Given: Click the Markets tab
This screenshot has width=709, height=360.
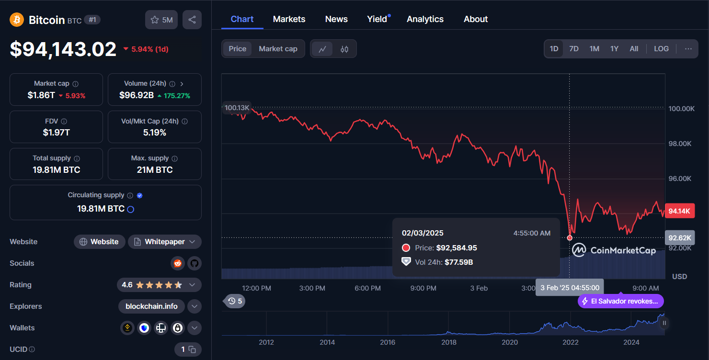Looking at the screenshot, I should click(289, 19).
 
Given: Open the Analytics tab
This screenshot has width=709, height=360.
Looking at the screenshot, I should click(425, 19).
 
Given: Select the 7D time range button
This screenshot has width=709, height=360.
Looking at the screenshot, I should click(573, 49).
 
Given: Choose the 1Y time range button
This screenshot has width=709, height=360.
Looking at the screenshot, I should click(614, 49).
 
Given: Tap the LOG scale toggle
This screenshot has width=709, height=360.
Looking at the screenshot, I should click(661, 49).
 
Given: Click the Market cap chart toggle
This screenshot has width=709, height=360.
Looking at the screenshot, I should click(278, 49).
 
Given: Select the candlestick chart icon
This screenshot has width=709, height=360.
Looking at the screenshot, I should click(344, 49).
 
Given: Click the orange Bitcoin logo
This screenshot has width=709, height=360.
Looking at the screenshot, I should click(17, 20).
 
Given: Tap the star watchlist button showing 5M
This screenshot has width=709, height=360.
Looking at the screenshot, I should click(161, 20).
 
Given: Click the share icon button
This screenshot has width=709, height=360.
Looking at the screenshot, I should click(192, 20).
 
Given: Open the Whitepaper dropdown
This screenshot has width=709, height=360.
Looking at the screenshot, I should click(164, 242).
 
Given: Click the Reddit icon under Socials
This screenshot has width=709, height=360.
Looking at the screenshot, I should click(178, 263).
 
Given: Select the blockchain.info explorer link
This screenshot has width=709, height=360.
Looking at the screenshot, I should click(151, 306).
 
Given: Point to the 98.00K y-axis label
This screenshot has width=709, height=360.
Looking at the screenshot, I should click(681, 144).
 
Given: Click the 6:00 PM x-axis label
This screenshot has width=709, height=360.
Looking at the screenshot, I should click(368, 288).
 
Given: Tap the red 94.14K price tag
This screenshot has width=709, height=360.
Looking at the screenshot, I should click(679, 211).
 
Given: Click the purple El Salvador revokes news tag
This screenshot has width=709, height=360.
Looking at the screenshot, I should click(621, 301).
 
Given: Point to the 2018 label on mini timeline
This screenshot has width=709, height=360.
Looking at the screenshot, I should click(449, 342).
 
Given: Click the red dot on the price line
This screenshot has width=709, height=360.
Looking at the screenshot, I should click(570, 238).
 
